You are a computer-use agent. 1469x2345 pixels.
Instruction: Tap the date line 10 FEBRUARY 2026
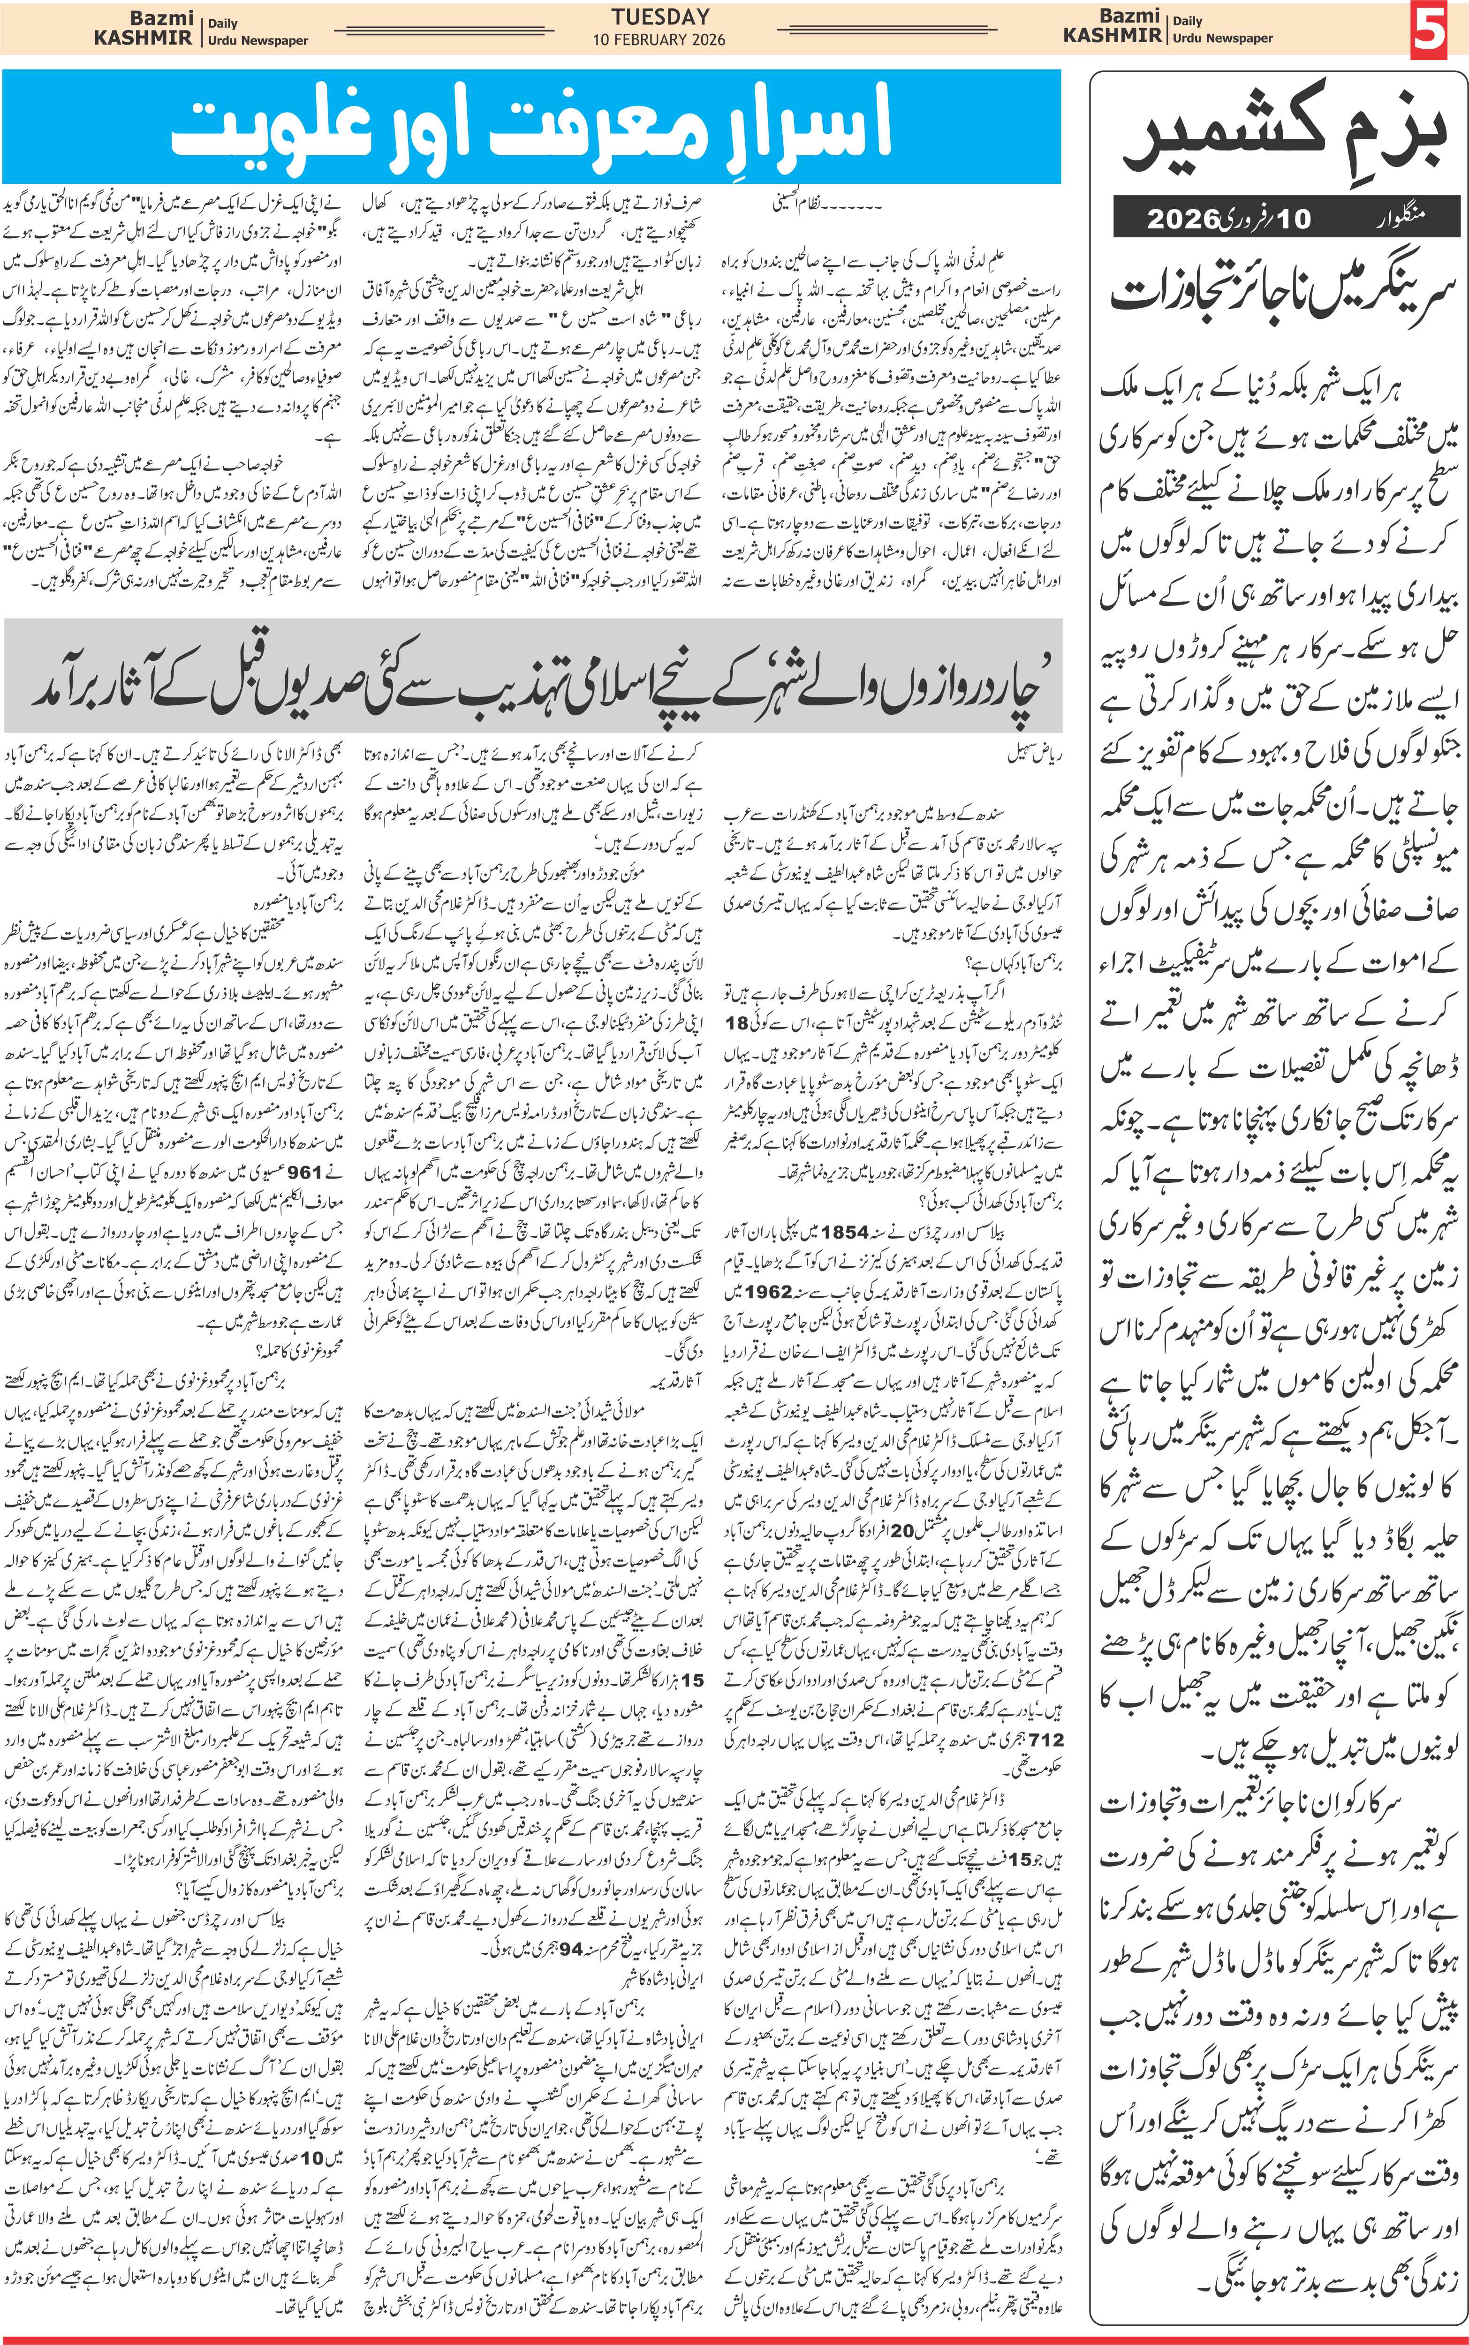[659, 40]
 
